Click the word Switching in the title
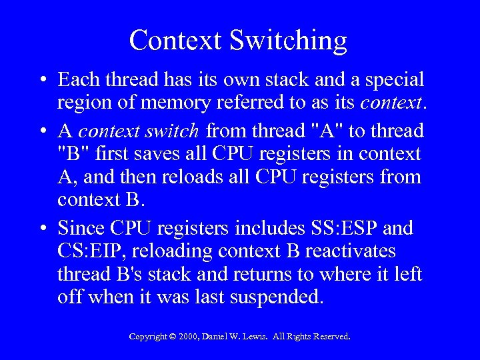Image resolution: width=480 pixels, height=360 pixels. pyautogui.click(x=289, y=41)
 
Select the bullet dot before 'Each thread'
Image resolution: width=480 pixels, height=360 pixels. pyautogui.click(x=42, y=81)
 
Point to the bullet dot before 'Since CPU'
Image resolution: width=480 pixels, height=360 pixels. pyautogui.click(x=42, y=229)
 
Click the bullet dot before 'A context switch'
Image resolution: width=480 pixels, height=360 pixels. pyautogui.click(x=42, y=130)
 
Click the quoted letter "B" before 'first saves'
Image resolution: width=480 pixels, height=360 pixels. pyautogui.click(x=71, y=154)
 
